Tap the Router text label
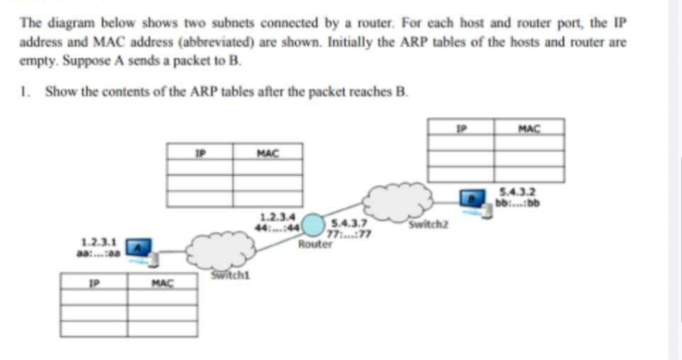pos(315,245)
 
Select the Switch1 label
pos(221,276)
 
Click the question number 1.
pos(25,92)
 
